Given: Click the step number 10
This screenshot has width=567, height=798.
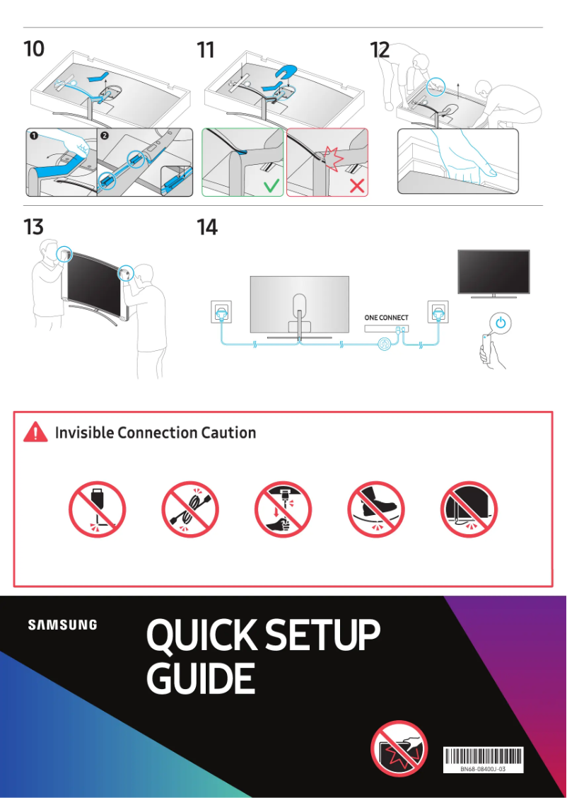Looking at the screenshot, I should click(33, 50).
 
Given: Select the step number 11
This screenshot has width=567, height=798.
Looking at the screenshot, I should click(206, 50).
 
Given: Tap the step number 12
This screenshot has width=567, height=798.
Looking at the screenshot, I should click(380, 50).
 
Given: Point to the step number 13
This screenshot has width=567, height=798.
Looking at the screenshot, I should click(33, 227).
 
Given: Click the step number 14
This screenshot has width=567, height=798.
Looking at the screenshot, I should click(207, 227).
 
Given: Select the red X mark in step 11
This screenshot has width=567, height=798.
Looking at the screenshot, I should click(357, 186).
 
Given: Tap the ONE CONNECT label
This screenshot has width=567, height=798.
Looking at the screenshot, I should click(386, 318).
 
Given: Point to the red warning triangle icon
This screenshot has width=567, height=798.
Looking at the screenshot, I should click(35, 432).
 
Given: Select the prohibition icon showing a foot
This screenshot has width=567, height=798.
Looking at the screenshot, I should click(376, 510).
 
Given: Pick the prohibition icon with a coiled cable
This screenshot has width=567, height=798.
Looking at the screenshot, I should click(190, 510).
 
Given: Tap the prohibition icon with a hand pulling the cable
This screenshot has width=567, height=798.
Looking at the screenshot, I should click(283, 510).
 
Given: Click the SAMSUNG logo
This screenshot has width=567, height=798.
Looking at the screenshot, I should click(63, 625).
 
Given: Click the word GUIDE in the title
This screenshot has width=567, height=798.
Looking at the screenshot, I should click(200, 678).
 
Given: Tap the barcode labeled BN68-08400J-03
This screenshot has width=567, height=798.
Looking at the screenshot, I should click(483, 756).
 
